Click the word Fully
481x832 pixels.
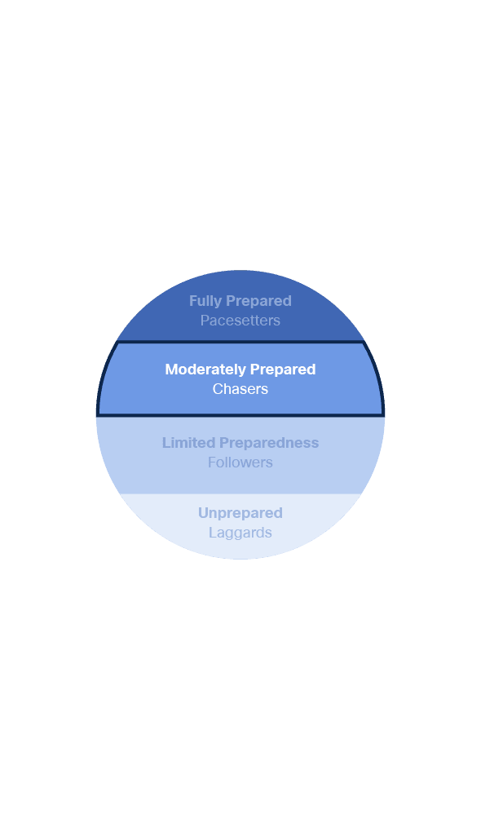[205, 301]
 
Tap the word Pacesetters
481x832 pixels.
[240, 321]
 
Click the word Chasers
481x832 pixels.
[240, 389]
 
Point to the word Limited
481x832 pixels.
[189, 443]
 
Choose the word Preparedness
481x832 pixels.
[269, 443]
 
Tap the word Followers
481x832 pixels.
[240, 462]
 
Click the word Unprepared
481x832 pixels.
[240, 513]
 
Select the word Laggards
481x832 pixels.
[240, 533]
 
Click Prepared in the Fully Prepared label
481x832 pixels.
[258, 301]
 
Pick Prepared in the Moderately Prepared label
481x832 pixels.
[283, 370]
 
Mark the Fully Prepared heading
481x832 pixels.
[240, 301]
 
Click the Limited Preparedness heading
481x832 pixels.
[240, 443]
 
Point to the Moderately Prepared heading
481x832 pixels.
[240, 370]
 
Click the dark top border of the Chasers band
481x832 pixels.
[240, 343]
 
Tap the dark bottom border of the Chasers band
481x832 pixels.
[240, 415]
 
